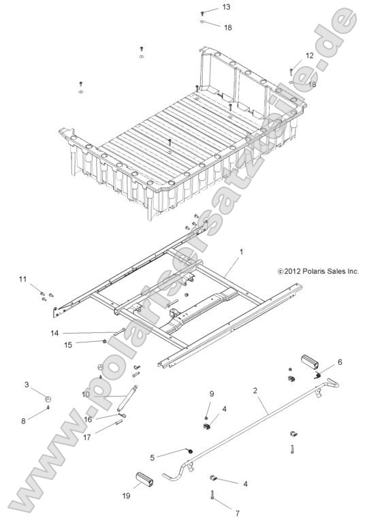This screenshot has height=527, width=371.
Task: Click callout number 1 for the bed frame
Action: coord(240,251)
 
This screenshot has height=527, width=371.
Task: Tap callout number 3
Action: coord(27,385)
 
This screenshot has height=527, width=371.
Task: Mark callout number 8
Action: coord(23,421)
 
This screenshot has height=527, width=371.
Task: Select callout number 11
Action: coord(22,279)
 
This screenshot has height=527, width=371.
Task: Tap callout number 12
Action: coord(309,55)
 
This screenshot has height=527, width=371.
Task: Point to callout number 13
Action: coord(226,7)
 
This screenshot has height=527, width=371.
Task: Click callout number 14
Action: coord(54,333)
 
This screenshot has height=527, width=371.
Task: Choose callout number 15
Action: coord(68,345)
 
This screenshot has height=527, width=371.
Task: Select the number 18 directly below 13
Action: coord(227,27)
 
